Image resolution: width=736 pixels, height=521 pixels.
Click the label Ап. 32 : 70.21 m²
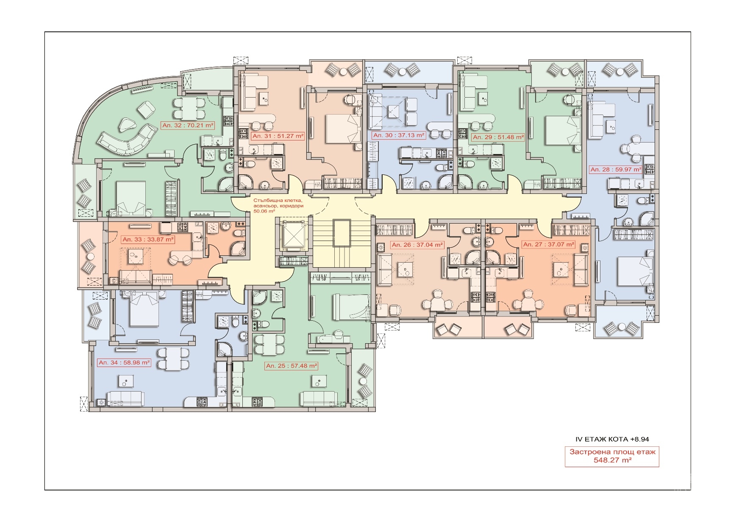[188, 125]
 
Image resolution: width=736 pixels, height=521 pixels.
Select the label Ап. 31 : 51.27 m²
[278, 136]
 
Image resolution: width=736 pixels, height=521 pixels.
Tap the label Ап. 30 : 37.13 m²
[399, 135]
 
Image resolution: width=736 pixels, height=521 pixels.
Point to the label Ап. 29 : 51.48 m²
[498, 137]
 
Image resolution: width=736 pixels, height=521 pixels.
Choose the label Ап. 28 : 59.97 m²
[616, 169]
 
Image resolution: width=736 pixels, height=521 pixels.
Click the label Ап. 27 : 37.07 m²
[549, 244]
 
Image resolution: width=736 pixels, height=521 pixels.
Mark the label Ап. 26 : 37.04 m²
[417, 245]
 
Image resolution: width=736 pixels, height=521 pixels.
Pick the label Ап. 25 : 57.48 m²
[292, 366]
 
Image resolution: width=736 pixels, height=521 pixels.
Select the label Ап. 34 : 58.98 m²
[124, 363]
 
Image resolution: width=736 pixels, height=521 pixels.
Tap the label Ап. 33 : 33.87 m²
[148, 239]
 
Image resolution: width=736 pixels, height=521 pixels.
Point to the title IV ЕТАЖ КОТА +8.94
[612, 439]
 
